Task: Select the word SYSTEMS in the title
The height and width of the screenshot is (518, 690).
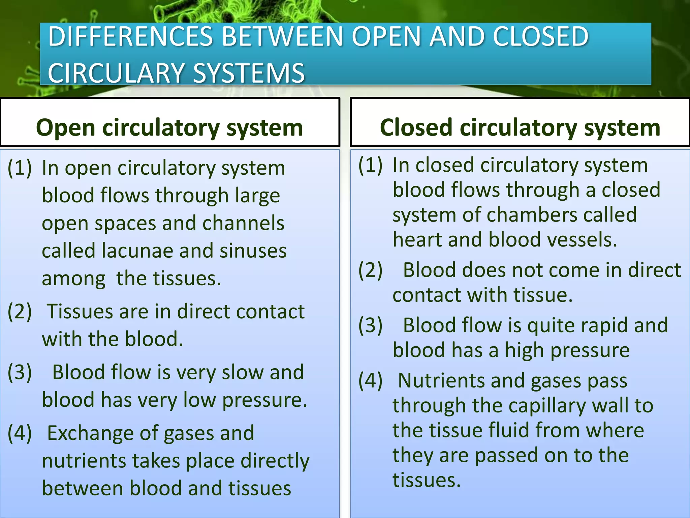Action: coord(249,73)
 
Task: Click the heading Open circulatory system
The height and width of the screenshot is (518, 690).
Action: coord(169,128)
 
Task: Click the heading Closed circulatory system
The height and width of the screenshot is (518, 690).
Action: coord(520,128)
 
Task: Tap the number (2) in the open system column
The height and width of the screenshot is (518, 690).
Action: coord(20,311)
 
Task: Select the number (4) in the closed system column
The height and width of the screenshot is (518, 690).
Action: coord(370,381)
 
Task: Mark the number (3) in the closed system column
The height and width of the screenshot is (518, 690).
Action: coord(370,325)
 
